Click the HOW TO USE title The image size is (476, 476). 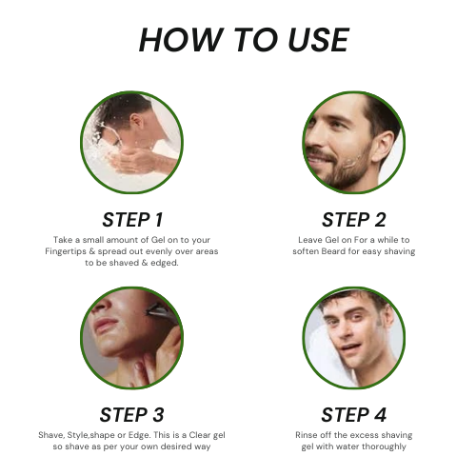244,40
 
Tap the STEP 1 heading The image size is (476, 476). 132,220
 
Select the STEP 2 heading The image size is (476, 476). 354,220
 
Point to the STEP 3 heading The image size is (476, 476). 131,415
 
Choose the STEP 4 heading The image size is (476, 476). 354,415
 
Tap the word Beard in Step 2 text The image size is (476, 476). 333,251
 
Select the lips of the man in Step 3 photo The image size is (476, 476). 102,326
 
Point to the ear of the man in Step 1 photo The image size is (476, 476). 136,121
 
